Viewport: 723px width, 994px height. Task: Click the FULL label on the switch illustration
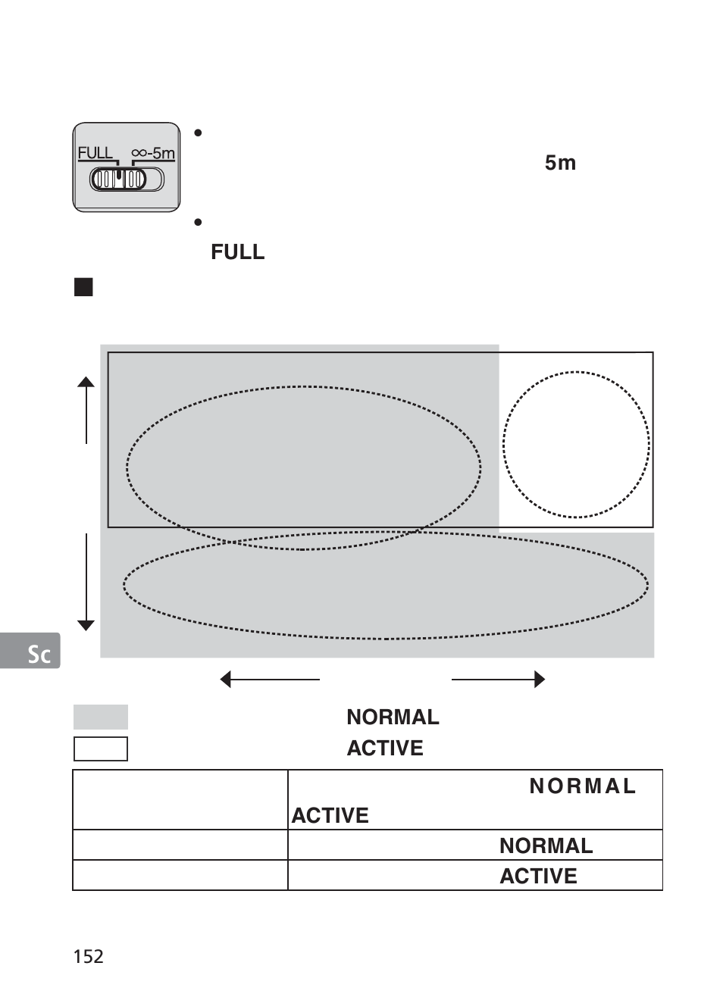click(95, 153)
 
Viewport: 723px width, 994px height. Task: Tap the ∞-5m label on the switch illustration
click(153, 153)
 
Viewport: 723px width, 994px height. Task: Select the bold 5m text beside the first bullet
click(560, 163)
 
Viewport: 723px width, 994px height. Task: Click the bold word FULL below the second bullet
click(237, 252)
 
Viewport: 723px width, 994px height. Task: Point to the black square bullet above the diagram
click(83, 287)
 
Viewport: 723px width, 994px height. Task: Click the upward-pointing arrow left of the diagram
click(86, 409)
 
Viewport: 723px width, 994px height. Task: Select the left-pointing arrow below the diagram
click(269, 680)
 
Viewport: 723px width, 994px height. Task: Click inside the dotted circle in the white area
click(576, 445)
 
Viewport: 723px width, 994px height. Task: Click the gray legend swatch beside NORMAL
click(101, 717)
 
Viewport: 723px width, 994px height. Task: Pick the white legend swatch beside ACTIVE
click(101, 749)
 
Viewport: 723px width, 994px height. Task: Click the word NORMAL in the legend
click(393, 717)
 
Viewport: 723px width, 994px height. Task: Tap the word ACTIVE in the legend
click(385, 749)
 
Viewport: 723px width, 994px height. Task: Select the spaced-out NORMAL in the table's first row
click(582, 786)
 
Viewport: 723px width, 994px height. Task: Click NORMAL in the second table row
click(546, 846)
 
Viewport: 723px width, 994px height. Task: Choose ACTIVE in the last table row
click(538, 877)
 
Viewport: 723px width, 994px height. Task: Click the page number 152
click(88, 956)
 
